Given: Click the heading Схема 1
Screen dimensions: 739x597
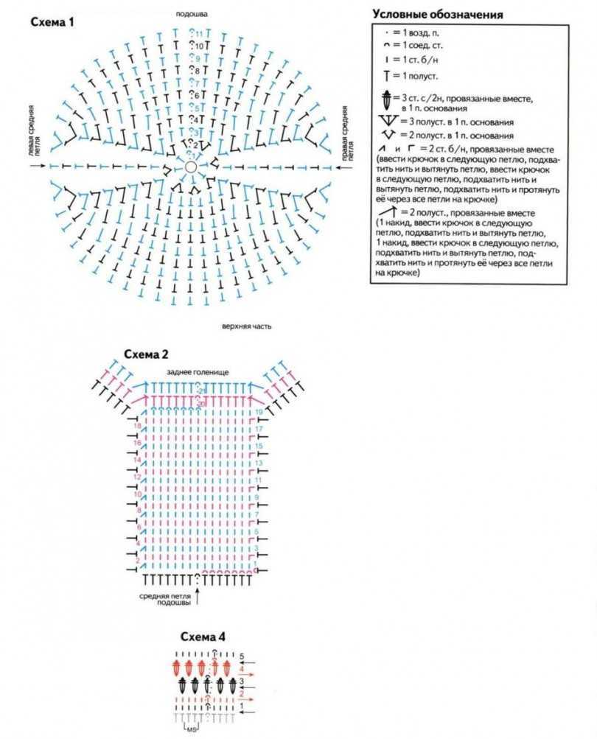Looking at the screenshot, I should click(52, 23).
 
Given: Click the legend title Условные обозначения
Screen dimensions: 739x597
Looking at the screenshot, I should click(438, 14).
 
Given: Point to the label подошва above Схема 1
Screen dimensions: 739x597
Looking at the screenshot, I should click(192, 13).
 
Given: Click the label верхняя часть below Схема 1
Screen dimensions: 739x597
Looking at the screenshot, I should click(242, 325).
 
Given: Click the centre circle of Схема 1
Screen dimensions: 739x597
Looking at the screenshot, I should click(192, 167).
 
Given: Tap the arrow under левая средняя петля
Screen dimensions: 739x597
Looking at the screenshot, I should click(39, 167).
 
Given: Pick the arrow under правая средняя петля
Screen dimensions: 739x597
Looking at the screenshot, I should click(341, 167).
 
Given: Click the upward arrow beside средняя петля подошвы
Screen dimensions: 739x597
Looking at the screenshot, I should click(198, 597).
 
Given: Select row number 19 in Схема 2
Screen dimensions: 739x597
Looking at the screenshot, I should click(259, 411).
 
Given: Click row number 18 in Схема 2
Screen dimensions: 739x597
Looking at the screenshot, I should click(136, 427).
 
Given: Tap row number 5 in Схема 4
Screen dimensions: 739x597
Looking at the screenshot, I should click(241, 655).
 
